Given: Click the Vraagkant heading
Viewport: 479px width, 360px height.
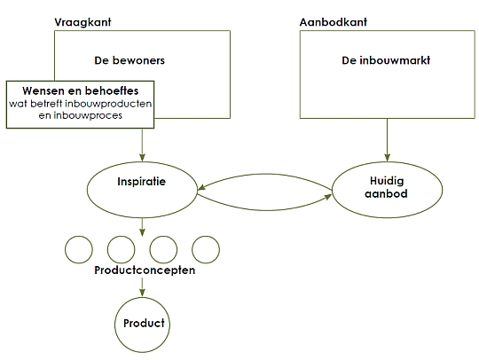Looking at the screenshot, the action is click(82, 22).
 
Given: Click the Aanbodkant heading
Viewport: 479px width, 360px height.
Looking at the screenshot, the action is click(334, 22).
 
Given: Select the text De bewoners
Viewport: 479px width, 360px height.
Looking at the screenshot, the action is click(130, 60).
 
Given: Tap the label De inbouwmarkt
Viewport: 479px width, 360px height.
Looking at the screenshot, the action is click(386, 60).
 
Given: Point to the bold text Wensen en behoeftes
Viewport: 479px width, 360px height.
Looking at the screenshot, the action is click(81, 90).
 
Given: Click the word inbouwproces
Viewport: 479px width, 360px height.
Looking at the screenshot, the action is click(88, 115).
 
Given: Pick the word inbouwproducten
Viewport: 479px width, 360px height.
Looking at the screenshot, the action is click(108, 104).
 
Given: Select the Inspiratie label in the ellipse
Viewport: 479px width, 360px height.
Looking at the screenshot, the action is click(141, 182).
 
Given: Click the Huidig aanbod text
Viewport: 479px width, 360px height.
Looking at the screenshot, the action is click(387, 187).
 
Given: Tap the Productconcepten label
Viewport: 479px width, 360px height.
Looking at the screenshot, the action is click(145, 270).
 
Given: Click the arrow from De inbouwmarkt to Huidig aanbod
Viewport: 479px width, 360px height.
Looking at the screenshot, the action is click(387, 140).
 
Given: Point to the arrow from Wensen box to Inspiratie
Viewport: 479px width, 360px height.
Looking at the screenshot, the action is click(142, 145).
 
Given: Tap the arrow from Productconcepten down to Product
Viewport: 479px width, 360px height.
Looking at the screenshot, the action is click(142, 287).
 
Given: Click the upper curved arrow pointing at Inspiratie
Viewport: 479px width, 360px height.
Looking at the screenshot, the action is click(264, 175).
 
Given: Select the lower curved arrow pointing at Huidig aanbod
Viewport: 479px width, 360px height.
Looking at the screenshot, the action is click(264, 210).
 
